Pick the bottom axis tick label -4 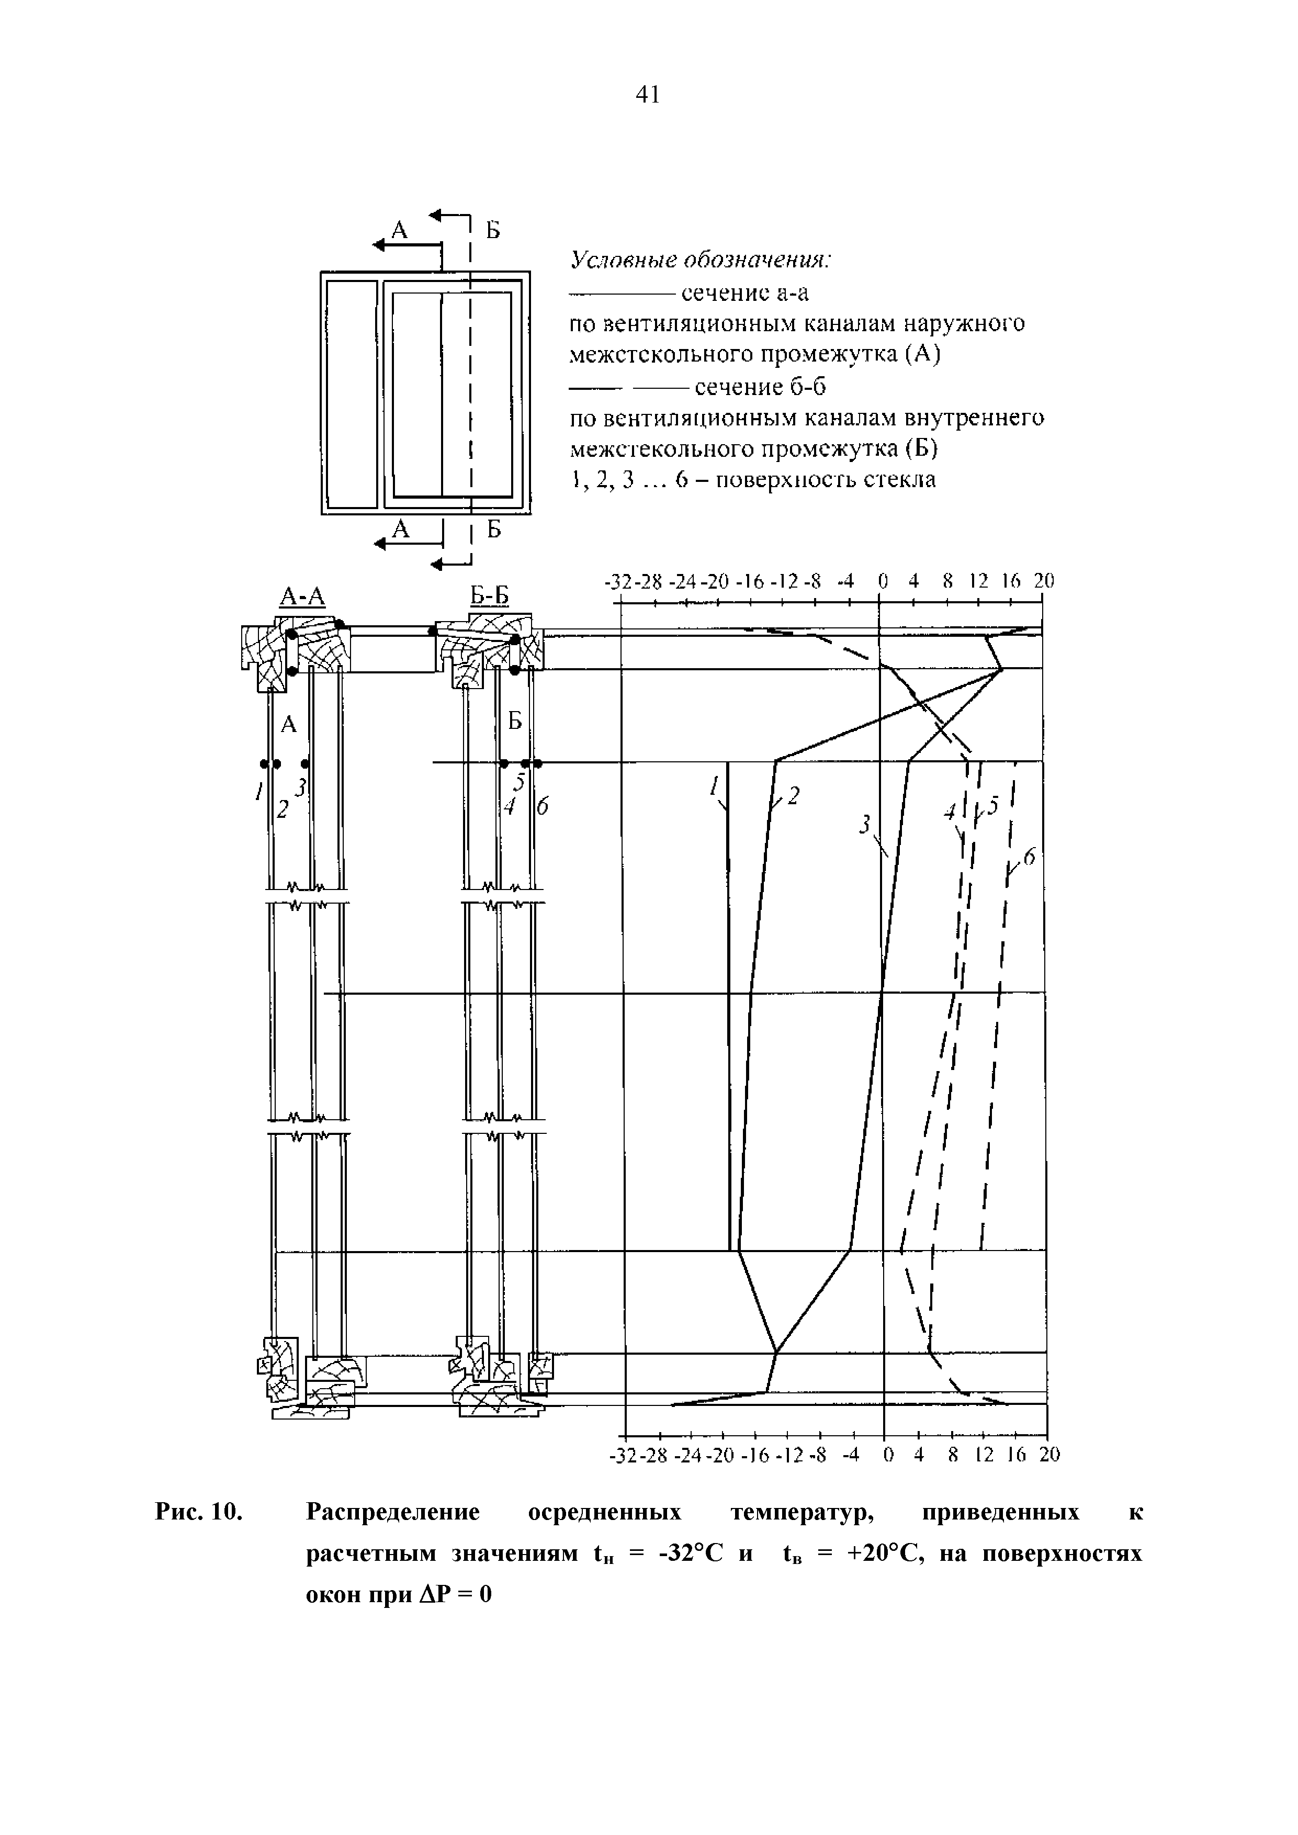point(850,1455)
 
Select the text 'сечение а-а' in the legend point(745,294)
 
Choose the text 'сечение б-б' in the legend point(759,388)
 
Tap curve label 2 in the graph point(794,795)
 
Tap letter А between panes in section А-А point(289,725)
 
